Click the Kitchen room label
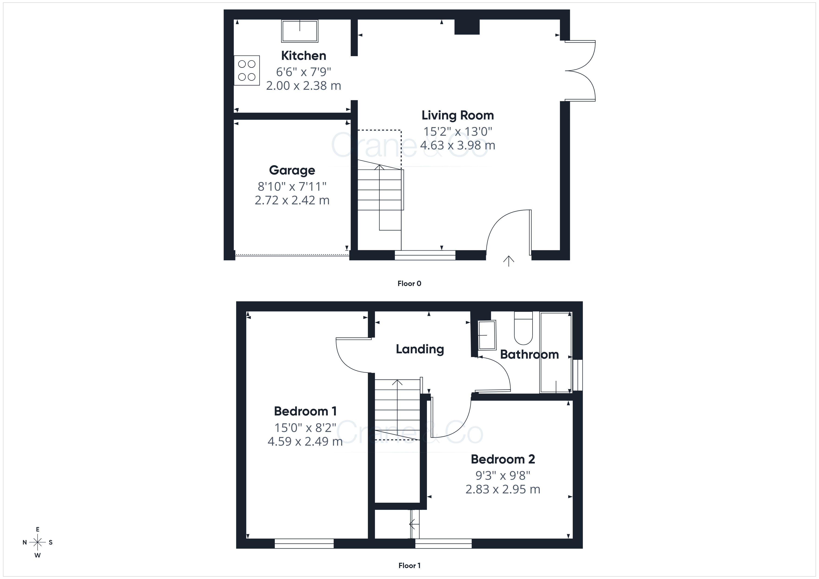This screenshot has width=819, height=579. (304, 56)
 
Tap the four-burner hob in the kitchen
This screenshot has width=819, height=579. (247, 70)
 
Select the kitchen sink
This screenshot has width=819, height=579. (300, 31)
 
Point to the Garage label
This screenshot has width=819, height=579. (292, 170)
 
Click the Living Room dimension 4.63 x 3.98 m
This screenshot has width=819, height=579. (458, 145)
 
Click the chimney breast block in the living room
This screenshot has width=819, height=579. (467, 27)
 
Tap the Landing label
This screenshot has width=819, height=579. (420, 349)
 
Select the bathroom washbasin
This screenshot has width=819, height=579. (487, 335)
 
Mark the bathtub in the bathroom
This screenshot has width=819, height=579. (556, 353)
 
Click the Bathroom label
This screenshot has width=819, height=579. (529, 354)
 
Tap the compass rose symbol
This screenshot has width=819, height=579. (37, 542)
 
